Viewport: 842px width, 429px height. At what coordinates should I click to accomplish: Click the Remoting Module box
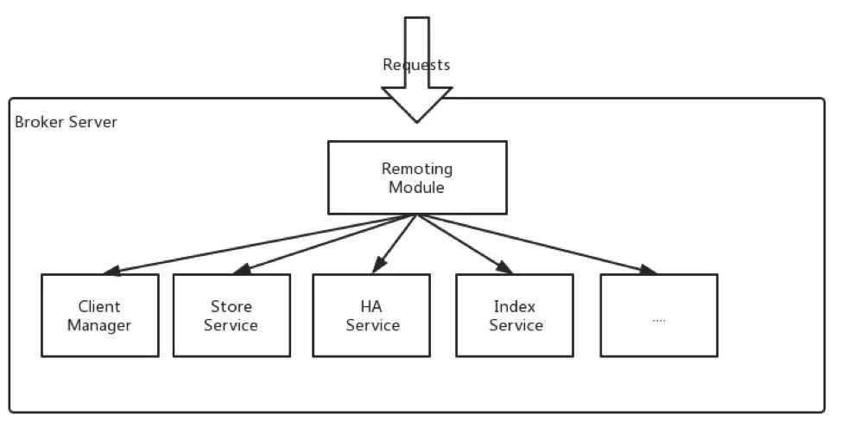[417, 177]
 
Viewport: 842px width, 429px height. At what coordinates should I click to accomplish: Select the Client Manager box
[99, 316]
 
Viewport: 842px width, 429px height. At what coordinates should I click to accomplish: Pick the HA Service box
[372, 316]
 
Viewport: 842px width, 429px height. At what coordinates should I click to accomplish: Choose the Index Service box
[516, 316]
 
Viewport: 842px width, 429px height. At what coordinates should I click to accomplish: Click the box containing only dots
[658, 316]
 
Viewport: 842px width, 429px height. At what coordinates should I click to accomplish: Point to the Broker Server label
[66, 122]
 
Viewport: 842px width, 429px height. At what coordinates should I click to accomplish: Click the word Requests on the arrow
[416, 65]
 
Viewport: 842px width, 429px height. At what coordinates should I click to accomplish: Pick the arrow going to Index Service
[466, 245]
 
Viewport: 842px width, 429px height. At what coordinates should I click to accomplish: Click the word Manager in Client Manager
[99, 326]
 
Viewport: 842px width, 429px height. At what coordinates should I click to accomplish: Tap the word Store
[231, 306]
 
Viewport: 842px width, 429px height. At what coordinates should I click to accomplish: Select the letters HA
[371, 306]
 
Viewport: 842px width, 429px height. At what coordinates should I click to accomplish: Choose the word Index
[515, 306]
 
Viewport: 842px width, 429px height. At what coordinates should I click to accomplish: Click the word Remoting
[417, 168]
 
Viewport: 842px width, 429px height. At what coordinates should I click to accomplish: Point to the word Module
[417, 187]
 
